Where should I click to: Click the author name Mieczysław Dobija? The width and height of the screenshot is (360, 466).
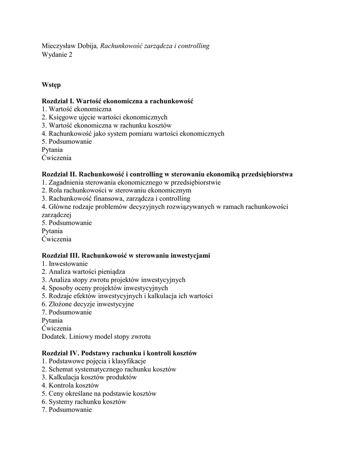coord(70,46)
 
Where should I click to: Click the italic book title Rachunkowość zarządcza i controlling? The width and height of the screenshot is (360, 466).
coord(155,46)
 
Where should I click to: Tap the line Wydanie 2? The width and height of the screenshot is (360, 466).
coord(57,55)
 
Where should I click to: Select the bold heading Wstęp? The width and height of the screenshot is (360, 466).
coord(51,85)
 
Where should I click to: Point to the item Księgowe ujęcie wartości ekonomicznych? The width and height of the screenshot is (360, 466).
coord(105,117)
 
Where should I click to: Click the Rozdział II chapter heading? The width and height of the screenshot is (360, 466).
coord(167,174)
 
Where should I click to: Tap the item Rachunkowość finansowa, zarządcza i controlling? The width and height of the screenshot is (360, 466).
coord(116,199)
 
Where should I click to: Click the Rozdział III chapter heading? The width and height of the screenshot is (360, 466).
coord(126,256)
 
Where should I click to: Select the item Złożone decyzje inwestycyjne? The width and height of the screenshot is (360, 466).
coord(88,304)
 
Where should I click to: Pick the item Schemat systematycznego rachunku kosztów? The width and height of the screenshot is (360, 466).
coord(109,370)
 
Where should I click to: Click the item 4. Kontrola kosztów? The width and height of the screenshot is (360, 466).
coord(70,386)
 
